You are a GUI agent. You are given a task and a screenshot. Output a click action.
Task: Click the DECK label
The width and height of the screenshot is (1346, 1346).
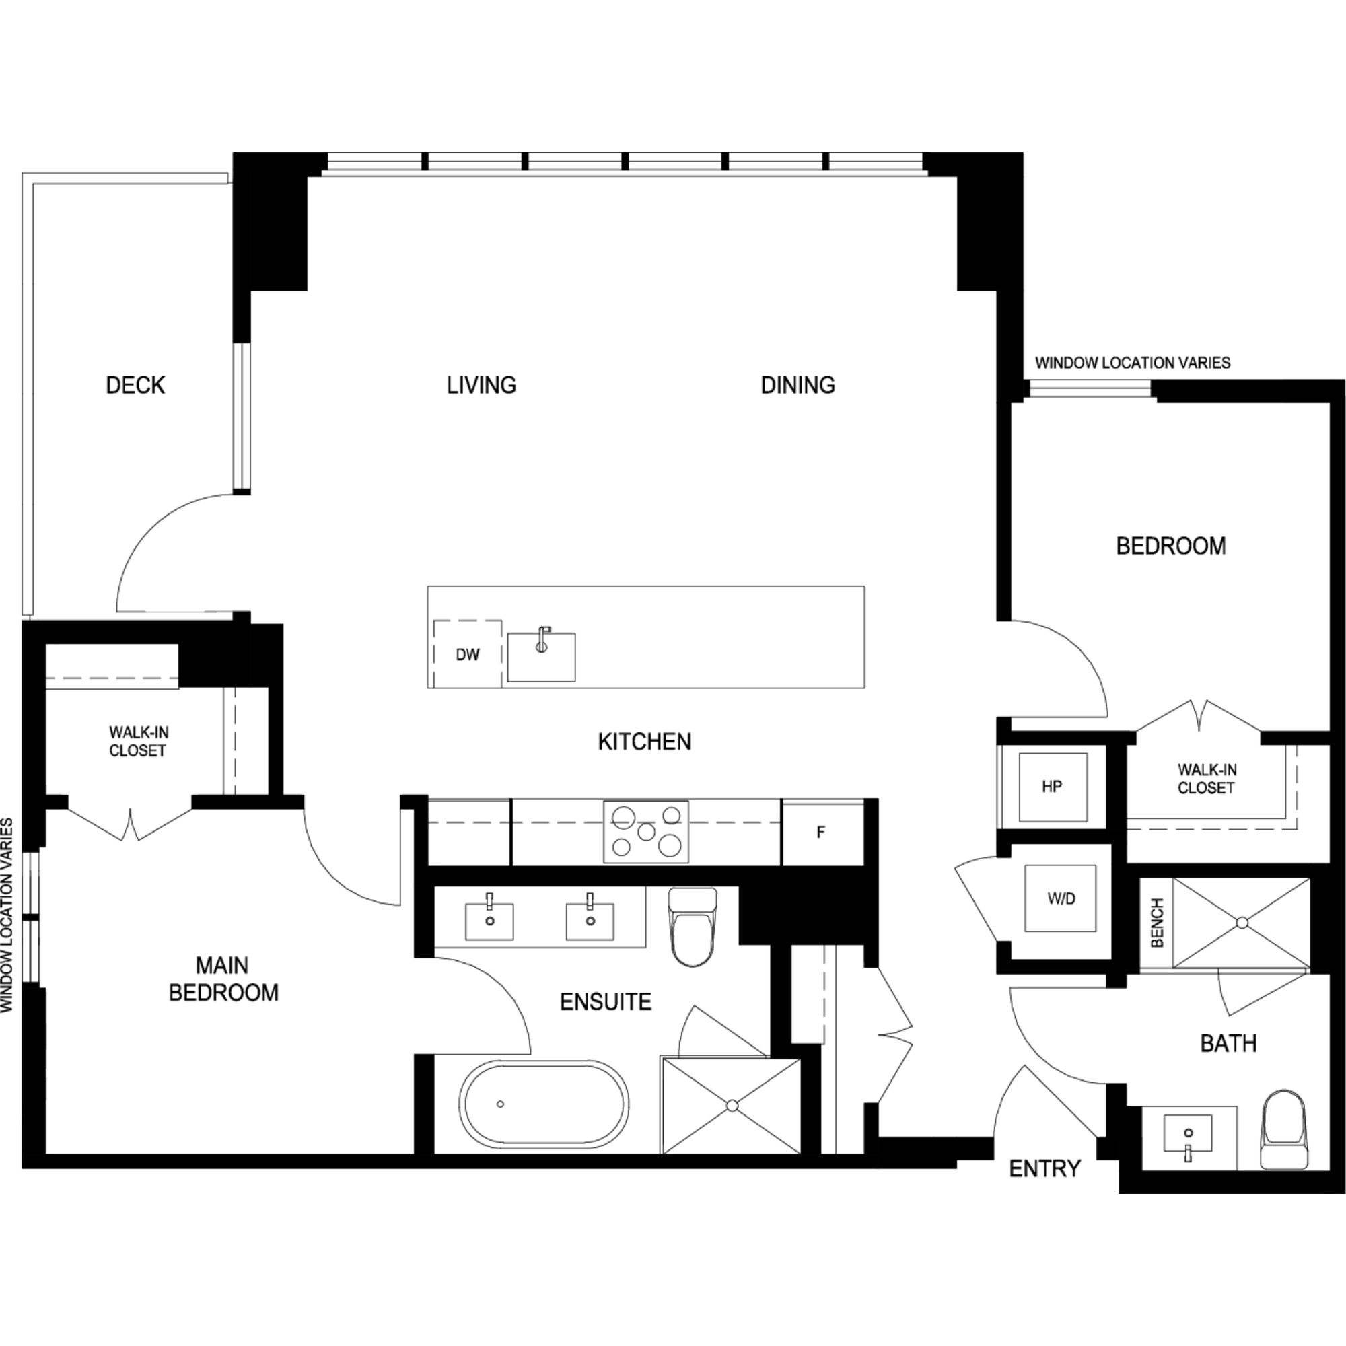click(135, 385)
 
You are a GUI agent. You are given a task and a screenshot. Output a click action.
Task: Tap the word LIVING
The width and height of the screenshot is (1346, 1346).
click(481, 385)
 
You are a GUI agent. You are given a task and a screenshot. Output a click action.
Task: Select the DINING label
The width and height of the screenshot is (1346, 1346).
click(798, 385)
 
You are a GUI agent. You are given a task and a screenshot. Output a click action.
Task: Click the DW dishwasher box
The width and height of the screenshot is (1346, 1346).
click(468, 653)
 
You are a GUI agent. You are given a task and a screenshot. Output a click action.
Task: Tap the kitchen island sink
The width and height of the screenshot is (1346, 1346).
click(541, 656)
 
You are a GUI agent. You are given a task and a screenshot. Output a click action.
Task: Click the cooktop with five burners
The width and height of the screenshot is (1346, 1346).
click(646, 832)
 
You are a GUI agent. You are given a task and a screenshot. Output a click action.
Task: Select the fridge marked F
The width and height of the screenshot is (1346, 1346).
click(823, 833)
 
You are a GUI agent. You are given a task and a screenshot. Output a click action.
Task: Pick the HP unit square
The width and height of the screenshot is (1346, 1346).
click(1053, 787)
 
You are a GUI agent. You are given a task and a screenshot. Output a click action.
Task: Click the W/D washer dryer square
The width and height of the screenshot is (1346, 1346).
click(1061, 898)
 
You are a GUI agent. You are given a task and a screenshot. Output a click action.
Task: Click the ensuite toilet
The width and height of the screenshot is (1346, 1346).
click(693, 926)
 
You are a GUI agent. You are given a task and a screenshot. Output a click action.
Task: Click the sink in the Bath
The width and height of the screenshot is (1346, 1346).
click(1188, 1135)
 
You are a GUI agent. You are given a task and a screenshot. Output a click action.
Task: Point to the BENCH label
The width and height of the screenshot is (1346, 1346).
click(1157, 923)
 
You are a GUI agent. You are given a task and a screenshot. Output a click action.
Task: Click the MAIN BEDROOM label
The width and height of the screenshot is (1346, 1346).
click(223, 978)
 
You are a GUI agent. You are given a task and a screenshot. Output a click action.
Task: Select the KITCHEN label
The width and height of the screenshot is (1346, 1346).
click(645, 742)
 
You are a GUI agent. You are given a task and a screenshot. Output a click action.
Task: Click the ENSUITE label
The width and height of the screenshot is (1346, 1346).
click(606, 1002)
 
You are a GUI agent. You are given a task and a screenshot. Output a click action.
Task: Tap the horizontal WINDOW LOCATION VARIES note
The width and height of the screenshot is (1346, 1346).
click(1133, 363)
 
